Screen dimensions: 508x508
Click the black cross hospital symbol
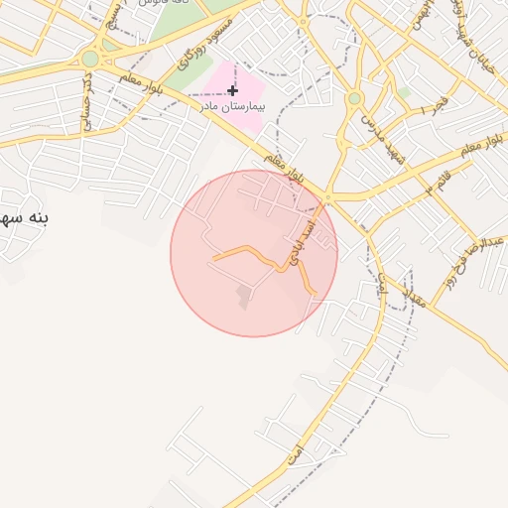(232, 90)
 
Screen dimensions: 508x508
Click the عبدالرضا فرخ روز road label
(485, 243)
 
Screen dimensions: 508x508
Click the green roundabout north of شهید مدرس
(354, 98)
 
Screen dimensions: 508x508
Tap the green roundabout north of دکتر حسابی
(90, 59)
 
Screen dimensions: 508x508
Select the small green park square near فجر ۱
(405, 92)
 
